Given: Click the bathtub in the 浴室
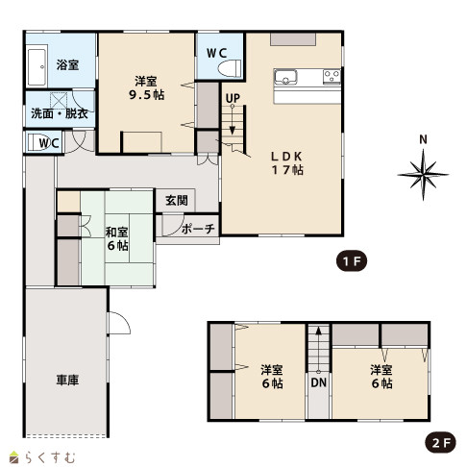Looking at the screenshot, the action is pos(37,66).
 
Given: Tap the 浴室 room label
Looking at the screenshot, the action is pos(67,65).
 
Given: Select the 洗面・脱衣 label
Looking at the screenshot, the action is pos(60,113).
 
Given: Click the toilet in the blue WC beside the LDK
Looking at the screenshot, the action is pos(230,68).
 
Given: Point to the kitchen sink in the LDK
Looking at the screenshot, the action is pos(285,77).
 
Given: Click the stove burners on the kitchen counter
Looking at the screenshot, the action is pos(332,76).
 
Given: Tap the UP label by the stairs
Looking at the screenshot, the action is pos(233,98).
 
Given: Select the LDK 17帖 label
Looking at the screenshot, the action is pos(287,163).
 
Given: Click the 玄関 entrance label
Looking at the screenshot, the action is pos(177,201).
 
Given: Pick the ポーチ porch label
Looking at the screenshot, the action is pos(198,229).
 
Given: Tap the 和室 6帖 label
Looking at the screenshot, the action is pos(117,238).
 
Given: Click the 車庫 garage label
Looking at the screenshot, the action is pos(67,380).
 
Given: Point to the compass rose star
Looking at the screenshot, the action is pos(423,175).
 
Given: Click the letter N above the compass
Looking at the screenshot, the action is pos(424,139).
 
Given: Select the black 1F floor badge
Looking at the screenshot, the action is pos(352,261).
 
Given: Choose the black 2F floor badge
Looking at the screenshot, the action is pos(440,443).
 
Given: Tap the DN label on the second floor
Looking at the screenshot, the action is pos(319,382).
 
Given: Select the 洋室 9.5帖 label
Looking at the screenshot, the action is pos(146,87).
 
